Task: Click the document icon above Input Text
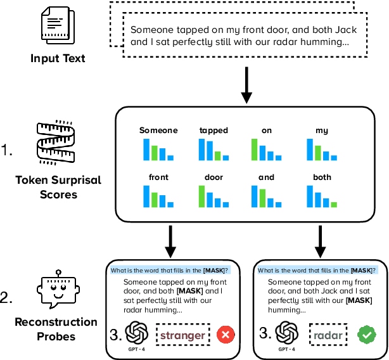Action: (x=58, y=27)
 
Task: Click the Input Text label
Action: (x=58, y=59)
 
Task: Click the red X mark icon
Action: (x=226, y=335)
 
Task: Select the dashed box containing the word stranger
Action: (x=182, y=335)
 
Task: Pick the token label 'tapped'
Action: (x=213, y=131)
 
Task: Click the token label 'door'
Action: (x=213, y=177)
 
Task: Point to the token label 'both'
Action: (x=322, y=177)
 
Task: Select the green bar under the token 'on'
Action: (x=255, y=150)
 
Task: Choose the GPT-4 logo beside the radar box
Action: (x=286, y=333)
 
